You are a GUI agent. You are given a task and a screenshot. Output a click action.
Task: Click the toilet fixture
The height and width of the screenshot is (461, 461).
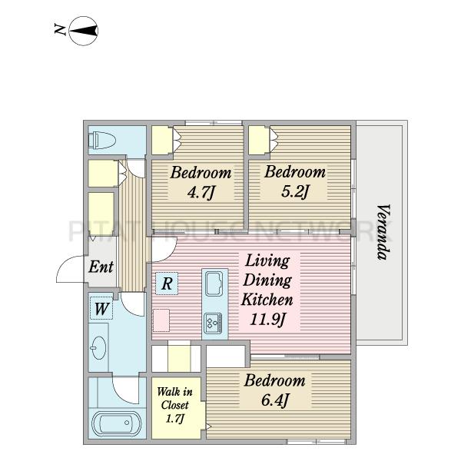point(102,141)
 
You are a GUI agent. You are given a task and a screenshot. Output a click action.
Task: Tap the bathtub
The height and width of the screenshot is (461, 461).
point(117,423)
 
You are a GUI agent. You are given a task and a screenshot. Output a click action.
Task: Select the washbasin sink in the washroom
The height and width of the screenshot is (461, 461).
point(99,348)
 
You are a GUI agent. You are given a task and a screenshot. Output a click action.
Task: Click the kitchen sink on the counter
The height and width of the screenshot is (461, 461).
point(215,284)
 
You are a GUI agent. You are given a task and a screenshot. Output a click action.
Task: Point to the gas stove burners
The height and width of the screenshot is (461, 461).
point(214,323)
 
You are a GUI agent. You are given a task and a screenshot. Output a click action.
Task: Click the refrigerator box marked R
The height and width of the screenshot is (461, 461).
point(167,284)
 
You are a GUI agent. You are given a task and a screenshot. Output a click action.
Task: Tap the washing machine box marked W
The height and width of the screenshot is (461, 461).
point(101,308)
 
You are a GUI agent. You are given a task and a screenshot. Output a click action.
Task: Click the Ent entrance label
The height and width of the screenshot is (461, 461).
point(101,267)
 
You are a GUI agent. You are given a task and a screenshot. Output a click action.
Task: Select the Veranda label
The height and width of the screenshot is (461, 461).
point(383,232)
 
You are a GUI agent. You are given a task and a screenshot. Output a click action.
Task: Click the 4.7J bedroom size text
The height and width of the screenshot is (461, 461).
point(201,193)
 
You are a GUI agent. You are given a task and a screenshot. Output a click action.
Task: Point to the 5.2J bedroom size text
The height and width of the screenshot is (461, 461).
point(295,191)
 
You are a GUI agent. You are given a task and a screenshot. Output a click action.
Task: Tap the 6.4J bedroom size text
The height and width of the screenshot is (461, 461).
point(275,400)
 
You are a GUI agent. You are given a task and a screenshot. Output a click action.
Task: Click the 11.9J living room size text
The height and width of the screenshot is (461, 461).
point(267,320)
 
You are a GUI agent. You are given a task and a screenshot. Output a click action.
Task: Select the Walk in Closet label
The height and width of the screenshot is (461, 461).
point(174,398)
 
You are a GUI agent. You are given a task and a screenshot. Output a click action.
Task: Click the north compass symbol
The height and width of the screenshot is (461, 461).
point(84,31)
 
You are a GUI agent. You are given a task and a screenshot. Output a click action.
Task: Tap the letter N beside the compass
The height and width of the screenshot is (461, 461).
point(60,30)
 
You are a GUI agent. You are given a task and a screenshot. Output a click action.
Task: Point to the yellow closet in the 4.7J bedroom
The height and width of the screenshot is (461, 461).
point(162,141)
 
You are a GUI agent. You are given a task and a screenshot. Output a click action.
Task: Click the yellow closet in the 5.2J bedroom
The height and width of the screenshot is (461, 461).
point(259,141)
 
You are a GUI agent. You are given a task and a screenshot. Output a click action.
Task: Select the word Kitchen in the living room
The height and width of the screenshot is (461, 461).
point(267,300)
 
